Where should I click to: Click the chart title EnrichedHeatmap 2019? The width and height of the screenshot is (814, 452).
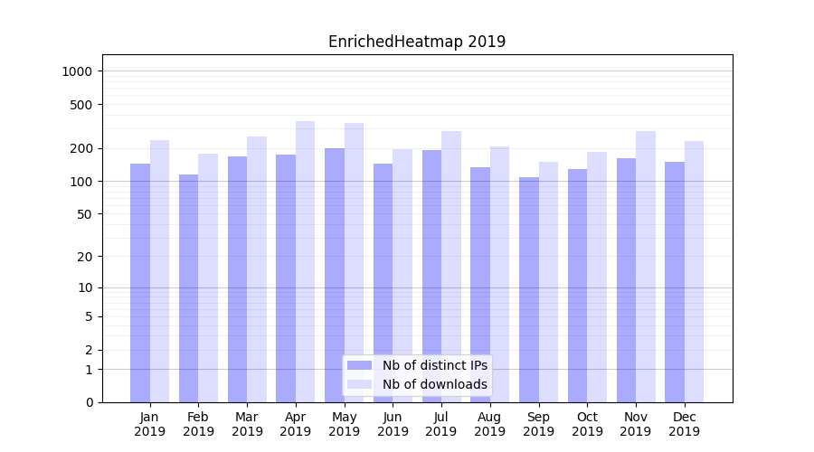point(417,42)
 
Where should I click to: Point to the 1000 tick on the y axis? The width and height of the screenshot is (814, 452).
point(79,71)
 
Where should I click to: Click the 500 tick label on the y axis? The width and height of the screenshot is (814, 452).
point(82,105)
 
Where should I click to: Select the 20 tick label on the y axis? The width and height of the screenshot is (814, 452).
point(86,257)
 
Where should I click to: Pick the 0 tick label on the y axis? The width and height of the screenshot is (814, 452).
point(90,402)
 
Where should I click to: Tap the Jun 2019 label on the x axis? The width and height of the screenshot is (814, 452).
point(393,424)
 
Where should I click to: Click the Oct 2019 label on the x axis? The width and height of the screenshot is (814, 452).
point(587,424)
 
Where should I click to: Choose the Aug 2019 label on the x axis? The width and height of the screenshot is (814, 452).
point(490,424)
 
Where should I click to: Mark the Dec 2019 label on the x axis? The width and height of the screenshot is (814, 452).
point(684,424)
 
